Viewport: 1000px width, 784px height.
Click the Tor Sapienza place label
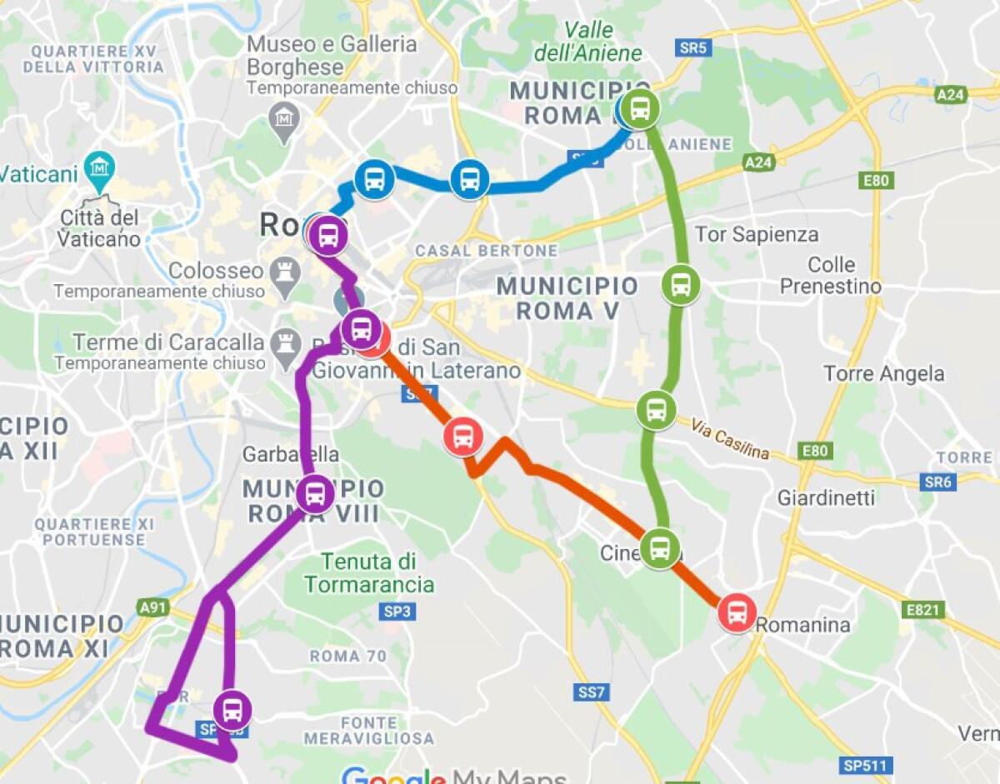[x=756, y=234]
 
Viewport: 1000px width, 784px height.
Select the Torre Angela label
[x=883, y=373]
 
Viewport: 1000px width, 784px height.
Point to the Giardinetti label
[x=826, y=497]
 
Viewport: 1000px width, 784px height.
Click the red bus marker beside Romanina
[x=737, y=613]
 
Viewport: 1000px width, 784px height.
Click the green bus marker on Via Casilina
[x=657, y=410]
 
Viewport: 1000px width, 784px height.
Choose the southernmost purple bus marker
[x=232, y=710]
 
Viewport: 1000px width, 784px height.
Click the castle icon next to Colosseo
[x=286, y=271]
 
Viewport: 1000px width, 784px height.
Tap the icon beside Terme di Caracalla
[x=286, y=342]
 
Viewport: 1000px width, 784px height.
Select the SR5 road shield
[x=692, y=48]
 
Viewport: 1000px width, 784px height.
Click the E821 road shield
[x=922, y=610]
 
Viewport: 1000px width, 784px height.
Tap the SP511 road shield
[x=867, y=765]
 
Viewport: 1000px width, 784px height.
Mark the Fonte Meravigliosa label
[x=368, y=730]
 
